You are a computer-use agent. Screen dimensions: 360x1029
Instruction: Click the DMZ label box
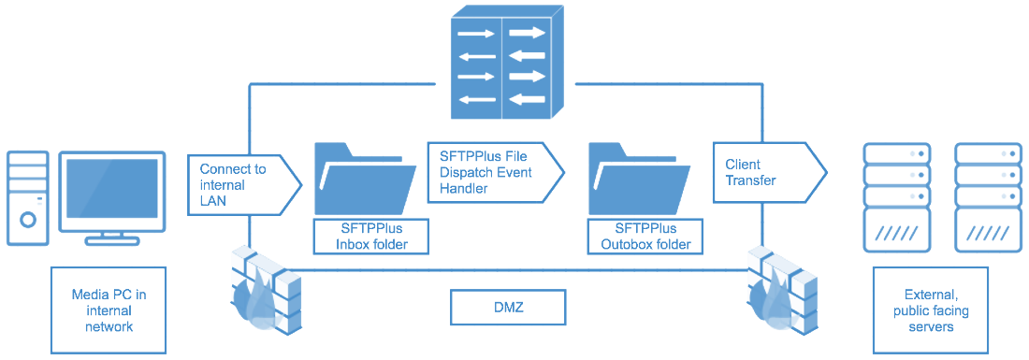pos(508,307)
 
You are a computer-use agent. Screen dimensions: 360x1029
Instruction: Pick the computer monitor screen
pos(112,191)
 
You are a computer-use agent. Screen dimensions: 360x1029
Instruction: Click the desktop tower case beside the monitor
pos(27,197)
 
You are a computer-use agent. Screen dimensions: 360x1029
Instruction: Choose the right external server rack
pos(986,196)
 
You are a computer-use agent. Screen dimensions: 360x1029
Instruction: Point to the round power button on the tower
pos(28,221)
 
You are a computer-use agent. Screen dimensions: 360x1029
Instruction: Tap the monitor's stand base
pos(112,240)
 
